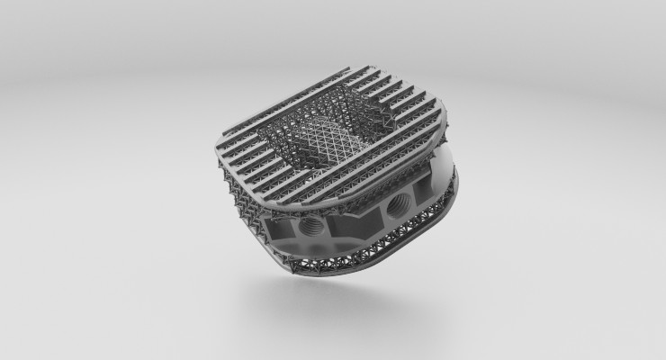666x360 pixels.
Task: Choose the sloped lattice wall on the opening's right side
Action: [387, 126]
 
